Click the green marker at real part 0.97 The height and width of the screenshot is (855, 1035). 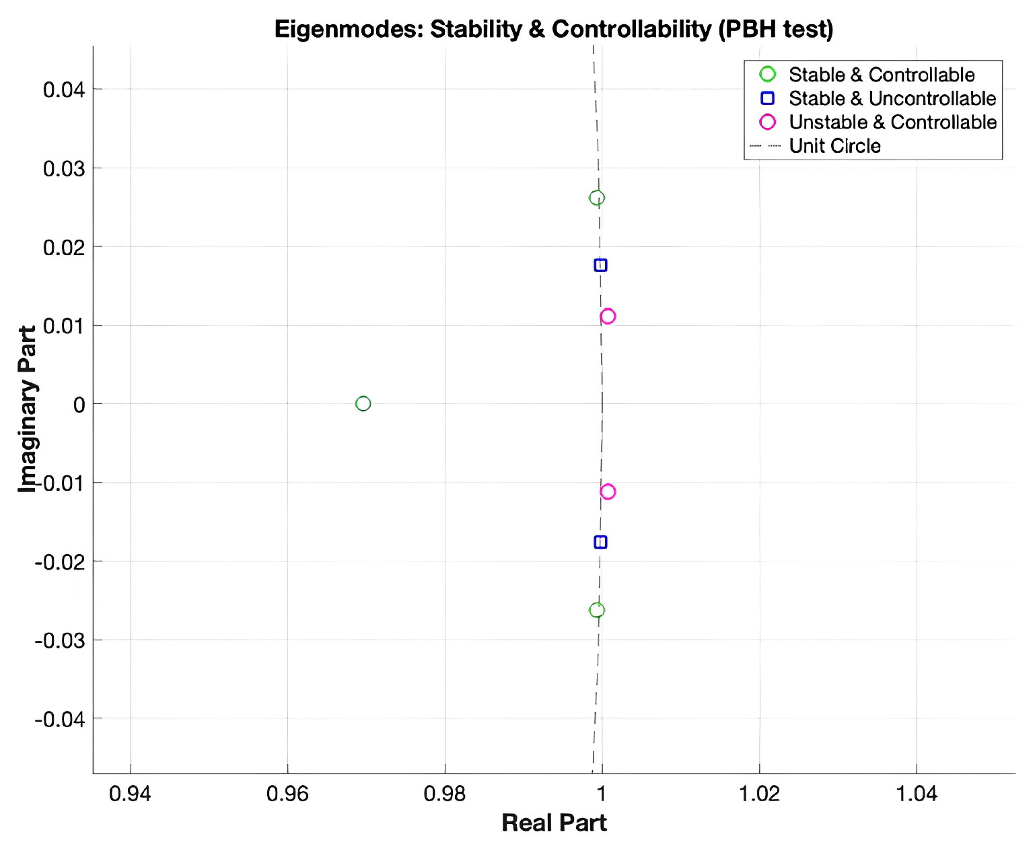pos(363,403)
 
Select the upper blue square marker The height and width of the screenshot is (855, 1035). pos(600,265)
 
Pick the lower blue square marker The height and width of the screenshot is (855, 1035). pos(600,542)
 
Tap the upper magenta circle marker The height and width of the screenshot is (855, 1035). pos(608,316)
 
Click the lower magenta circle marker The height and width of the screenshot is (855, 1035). pos(608,491)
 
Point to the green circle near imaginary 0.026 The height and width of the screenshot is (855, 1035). pos(596,198)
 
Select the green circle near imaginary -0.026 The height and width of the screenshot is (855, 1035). pos(596,610)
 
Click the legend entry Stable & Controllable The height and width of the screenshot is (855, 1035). pos(881,75)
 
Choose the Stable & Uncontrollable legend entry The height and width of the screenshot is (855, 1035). pos(892,98)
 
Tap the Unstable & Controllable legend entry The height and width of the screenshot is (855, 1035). pos(892,122)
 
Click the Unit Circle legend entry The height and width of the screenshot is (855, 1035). pos(834,145)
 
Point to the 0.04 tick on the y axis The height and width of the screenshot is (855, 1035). pos(64,90)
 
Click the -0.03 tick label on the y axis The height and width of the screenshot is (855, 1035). pos(60,640)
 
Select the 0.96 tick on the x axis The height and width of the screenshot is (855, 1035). pos(287,794)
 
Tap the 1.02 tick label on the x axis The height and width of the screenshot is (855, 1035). pos(759,794)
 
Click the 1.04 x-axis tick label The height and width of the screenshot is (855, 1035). pos(917,794)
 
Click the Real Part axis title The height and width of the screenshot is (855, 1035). pos(554,823)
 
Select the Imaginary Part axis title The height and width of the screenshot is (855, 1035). pos(27,409)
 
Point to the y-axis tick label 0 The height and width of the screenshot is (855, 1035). pos(79,405)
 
